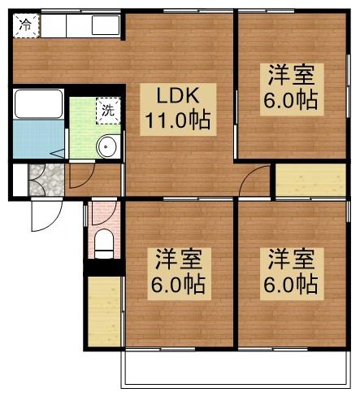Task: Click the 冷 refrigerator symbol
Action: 27,25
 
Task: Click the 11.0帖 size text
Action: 178,121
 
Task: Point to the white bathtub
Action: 39,104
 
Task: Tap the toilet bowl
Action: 103,242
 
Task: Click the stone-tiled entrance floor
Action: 47,178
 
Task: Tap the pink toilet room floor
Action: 103,216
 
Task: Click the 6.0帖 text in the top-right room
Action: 290,102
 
